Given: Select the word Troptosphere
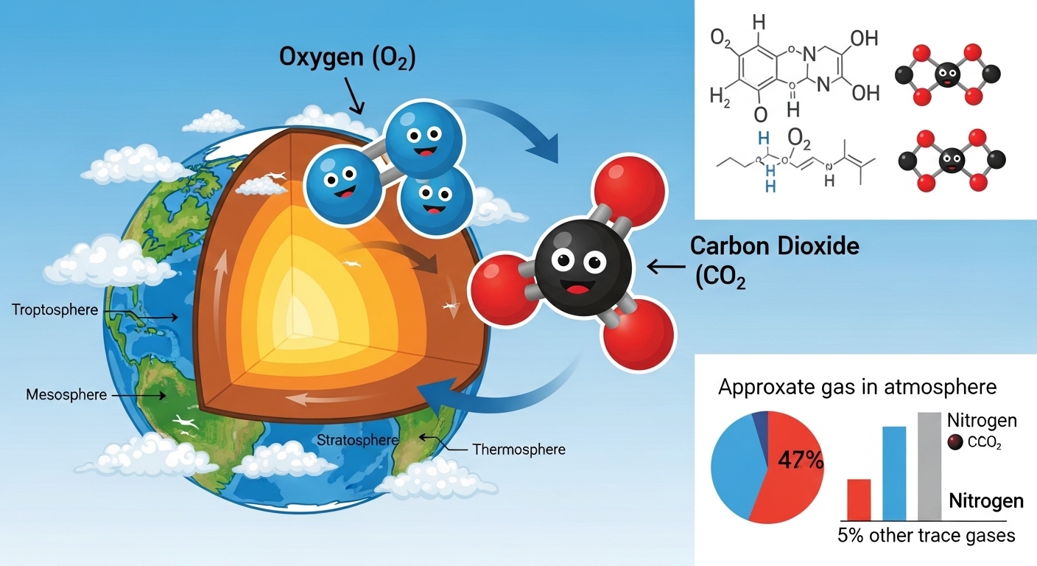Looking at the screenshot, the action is [55, 310].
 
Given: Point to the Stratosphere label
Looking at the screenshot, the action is [357, 441].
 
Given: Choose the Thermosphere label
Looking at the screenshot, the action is [518, 449].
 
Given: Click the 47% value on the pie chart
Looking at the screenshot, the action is [800, 461].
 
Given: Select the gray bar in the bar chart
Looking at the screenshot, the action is [929, 466].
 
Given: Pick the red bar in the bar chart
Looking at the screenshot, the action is [859, 499].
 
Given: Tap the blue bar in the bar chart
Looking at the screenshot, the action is [894, 472].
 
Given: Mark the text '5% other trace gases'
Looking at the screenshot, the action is [927, 536].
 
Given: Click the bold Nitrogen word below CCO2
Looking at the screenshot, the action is [986, 501].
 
